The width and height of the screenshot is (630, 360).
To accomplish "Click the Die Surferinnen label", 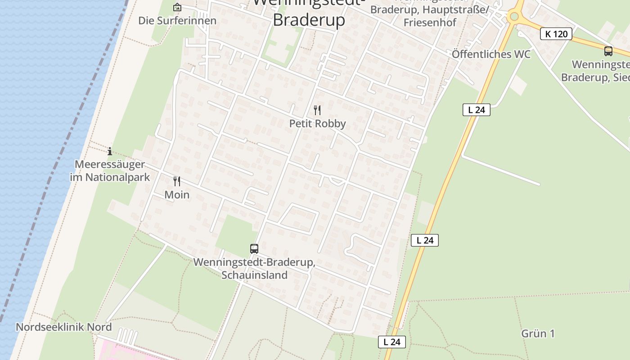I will pos(177,21).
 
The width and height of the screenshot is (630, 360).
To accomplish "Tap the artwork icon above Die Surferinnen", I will pos(177,7).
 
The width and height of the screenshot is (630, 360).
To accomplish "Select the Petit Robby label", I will pos(317,124).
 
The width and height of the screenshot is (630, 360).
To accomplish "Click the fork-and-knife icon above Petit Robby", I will pos(317,110).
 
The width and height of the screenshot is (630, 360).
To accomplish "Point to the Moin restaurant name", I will pos(177,195).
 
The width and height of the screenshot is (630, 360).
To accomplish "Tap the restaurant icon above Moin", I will pos(177,181).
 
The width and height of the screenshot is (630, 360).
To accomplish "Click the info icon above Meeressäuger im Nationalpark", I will pos(110,151).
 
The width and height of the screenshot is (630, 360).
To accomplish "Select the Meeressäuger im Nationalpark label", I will pos(110,171).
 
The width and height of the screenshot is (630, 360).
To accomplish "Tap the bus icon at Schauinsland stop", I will pos(254,248).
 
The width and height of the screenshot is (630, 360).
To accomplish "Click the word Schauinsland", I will pos(254,275).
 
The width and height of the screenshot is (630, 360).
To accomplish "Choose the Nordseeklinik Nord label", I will pos(64,327).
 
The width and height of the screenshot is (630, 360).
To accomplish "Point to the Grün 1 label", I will pos(538,334).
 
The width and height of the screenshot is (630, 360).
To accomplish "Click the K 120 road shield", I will pos(556,34).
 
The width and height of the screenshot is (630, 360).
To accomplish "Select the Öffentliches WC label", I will pos(491,54).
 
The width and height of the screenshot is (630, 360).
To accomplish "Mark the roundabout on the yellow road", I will pos(514,17).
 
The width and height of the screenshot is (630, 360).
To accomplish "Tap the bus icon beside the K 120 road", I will pos(608,51).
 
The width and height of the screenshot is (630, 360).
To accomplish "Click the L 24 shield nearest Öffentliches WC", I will pos(476,109).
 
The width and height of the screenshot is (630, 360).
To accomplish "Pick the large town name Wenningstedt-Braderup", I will pos(309,19).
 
